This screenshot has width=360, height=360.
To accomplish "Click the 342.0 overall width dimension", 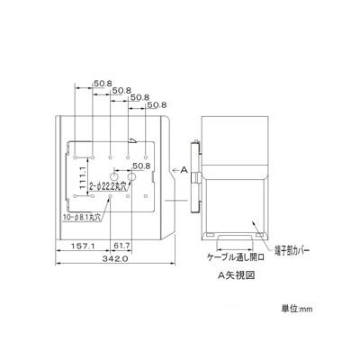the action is [115, 258].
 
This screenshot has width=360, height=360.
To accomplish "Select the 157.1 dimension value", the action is [83, 246].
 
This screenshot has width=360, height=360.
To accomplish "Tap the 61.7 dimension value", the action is [121, 246].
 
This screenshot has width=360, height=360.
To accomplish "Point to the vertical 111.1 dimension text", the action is [83, 177].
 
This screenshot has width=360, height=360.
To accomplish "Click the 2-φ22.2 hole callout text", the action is [107, 186].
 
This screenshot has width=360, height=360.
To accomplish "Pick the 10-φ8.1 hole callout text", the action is [82, 217].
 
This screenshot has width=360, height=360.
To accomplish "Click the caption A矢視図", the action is [236, 275].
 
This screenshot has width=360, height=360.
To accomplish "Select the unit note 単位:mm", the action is [296, 309].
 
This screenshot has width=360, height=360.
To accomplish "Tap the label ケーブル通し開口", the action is [236, 257].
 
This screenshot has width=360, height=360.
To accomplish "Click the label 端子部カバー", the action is [290, 250].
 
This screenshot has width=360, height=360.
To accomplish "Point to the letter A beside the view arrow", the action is [184, 170].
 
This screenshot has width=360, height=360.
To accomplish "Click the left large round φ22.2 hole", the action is [114, 176].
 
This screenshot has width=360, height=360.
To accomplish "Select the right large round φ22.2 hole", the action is [132, 176].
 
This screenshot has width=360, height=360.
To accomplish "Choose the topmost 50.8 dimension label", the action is [103, 84].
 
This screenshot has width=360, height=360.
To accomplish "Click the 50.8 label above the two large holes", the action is [141, 166].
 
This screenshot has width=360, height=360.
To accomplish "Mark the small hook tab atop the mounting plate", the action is [132, 140].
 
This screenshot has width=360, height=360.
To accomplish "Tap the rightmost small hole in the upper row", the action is [146, 157].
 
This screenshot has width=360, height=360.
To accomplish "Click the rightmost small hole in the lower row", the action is [146, 196].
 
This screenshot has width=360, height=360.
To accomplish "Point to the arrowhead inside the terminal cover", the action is [253, 222].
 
